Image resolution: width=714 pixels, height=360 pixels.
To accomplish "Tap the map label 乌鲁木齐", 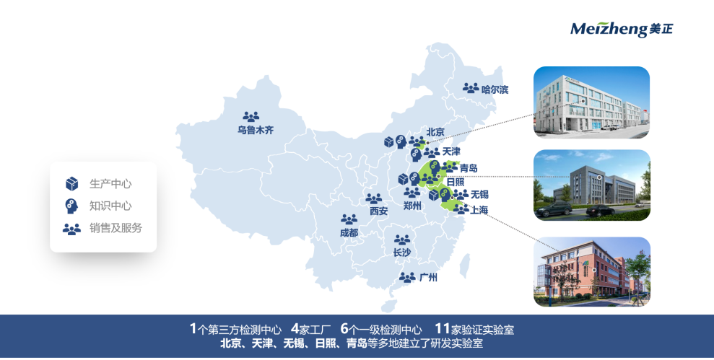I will [256, 131].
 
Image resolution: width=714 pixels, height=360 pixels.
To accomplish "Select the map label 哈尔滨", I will [495, 89].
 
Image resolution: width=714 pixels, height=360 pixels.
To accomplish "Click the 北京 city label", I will [435, 132].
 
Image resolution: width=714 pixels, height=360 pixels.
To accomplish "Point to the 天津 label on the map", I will [451, 152].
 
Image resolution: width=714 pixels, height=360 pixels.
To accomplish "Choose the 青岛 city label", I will [468, 168].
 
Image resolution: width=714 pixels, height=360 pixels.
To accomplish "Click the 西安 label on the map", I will [378, 211].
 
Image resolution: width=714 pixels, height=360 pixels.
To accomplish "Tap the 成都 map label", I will [349, 233].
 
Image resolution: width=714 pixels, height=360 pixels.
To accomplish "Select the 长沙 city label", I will [401, 253].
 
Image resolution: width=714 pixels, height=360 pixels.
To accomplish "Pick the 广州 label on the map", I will [428, 277].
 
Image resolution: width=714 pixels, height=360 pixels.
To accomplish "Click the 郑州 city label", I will [412, 206].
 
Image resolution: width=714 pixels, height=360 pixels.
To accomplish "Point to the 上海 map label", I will [479, 210].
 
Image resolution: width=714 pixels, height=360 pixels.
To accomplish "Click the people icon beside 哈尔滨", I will [471, 88].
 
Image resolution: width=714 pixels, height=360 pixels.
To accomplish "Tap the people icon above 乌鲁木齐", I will [251, 116].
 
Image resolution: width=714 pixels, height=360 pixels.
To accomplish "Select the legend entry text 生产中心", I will [110, 183].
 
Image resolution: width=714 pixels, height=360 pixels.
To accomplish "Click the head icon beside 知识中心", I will [71, 206].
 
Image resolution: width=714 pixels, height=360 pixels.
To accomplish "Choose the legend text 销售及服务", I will [116, 228].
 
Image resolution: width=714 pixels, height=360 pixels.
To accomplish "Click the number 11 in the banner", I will [443, 329].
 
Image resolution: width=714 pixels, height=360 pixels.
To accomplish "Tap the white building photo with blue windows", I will [591, 102].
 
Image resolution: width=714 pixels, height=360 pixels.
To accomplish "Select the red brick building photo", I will [591, 271].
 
